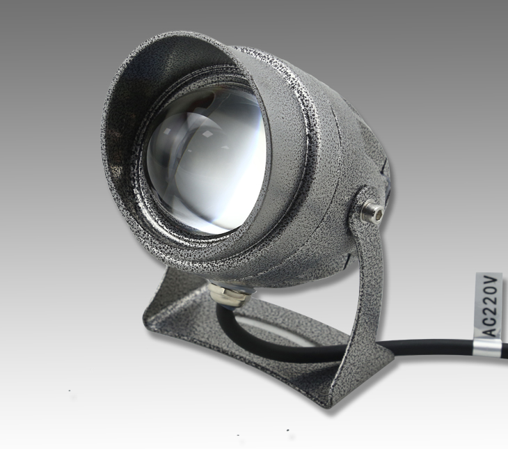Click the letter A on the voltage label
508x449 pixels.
pos(490,331)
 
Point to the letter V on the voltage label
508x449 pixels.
pos(490,282)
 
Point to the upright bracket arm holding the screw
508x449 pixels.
pos(370,276)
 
